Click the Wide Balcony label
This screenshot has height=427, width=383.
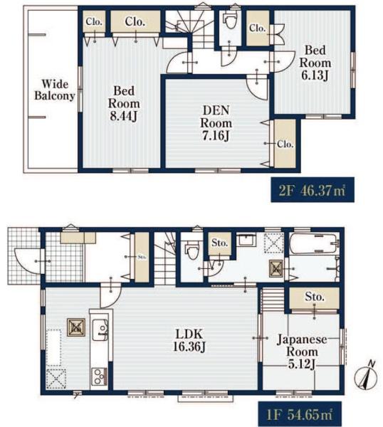(55, 90)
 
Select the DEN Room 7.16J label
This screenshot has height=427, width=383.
(216, 123)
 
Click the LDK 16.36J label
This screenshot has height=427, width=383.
(189, 340)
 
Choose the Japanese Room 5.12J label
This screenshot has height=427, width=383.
(302, 352)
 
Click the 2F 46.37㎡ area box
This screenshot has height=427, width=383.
(313, 189)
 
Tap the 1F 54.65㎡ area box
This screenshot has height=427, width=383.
(300, 414)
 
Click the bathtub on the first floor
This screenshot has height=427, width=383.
(313, 243)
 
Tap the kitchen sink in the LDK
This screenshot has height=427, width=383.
(100, 330)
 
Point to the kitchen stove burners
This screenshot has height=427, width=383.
(99, 376)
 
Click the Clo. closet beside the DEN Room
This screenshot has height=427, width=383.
(285, 144)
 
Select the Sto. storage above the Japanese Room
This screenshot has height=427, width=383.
(314, 297)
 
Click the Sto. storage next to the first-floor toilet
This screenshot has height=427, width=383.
(219, 243)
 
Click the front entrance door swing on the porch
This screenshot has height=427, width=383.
(28, 261)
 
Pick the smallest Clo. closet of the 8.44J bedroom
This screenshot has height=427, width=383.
(94, 21)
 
